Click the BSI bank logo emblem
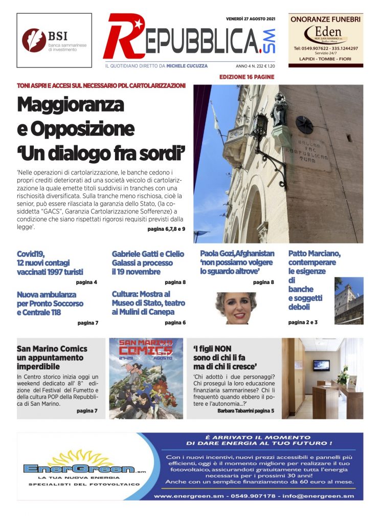click(34, 40)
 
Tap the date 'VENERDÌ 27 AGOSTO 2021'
click(251, 19)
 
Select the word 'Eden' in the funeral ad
click(325, 30)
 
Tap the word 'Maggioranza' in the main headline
click(71, 104)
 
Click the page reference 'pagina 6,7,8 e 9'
click(166, 229)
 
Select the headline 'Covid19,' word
click(31, 253)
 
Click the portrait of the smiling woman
click(236, 308)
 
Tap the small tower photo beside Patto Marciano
click(349, 301)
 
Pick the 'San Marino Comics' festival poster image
click(146, 378)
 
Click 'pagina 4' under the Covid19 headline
click(87, 282)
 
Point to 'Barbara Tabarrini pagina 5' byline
click(245, 411)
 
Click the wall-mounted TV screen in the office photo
click(321, 365)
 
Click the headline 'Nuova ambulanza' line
click(47, 295)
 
